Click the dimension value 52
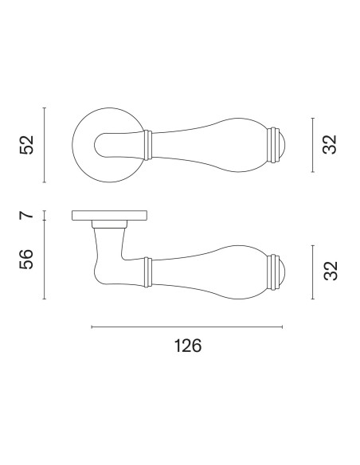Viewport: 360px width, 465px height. coord(27,145)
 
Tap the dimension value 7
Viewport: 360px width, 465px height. coord(27,215)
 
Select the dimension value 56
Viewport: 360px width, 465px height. coord(27,260)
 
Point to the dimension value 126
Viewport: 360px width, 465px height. coord(188,346)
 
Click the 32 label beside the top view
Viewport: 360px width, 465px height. coord(330,144)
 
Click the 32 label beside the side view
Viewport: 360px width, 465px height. coord(330,271)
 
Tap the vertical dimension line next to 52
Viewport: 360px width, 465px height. coord(44,145)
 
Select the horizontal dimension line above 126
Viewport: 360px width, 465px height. coord(187,326)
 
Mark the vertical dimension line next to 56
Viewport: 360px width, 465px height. coord(44,260)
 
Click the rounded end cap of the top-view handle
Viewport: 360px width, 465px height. coord(283,145)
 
